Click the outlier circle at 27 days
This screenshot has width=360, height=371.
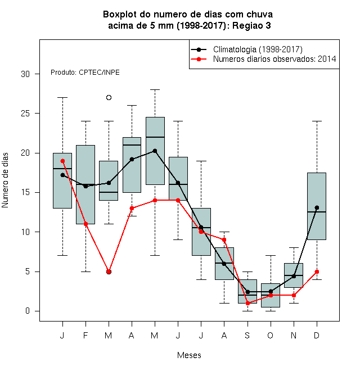pyautogui.click(x=109, y=97)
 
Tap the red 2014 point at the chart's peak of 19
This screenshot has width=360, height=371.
pyautogui.click(x=62, y=161)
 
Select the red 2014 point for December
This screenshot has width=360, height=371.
pyautogui.click(x=317, y=272)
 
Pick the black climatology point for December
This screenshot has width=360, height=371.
pyautogui.click(x=317, y=208)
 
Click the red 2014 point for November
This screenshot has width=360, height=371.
pyautogui.click(x=294, y=295)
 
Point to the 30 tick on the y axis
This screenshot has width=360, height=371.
pyautogui.click(x=37, y=74)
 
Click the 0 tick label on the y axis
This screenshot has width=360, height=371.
pyautogui.click(x=28, y=311)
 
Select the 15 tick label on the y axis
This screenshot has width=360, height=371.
pyautogui.click(x=25, y=192)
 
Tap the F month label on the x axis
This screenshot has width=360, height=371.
pyautogui.click(x=85, y=335)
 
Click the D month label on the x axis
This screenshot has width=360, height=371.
pyautogui.click(x=317, y=335)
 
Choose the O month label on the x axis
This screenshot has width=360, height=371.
pyautogui.click(x=270, y=335)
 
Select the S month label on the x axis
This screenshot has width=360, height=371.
pyautogui.click(x=247, y=335)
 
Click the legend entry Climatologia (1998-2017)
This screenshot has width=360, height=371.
pyautogui.click(x=258, y=49)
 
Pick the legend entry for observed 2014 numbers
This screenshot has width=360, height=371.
pyautogui.click(x=274, y=59)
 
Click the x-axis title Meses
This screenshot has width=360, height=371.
pyautogui.click(x=189, y=355)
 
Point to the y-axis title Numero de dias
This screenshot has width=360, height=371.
pyautogui.click(x=5, y=180)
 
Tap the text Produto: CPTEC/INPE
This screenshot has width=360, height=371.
pyautogui.click(x=85, y=72)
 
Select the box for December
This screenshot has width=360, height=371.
pyautogui.click(x=317, y=206)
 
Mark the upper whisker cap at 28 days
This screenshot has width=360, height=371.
pyautogui.click(x=155, y=90)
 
